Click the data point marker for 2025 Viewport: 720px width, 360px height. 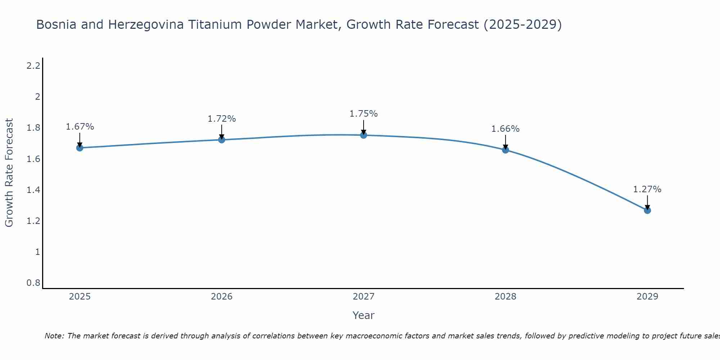[x=80, y=148]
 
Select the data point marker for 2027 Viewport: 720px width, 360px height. [x=364, y=135]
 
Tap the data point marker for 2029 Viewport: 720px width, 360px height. [x=647, y=210]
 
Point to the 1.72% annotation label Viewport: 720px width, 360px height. [x=222, y=119]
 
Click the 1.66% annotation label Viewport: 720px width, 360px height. [x=505, y=129]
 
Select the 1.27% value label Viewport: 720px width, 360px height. [x=647, y=189]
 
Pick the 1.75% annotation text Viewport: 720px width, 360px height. [x=364, y=114]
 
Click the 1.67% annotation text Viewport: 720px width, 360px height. [x=80, y=127]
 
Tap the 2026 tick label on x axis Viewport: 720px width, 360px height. [x=222, y=297]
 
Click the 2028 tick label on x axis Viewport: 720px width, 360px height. [x=505, y=297]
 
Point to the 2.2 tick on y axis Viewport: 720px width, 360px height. [x=33, y=66]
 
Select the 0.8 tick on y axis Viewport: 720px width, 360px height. [x=33, y=283]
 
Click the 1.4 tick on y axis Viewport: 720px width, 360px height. [x=33, y=190]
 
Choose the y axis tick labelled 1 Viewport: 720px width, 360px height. [x=37, y=252]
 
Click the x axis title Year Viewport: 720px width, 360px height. [x=364, y=315]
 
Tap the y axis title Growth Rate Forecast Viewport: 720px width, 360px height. [x=9, y=173]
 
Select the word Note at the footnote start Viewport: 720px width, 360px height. [x=54, y=336]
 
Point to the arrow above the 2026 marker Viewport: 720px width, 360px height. [x=222, y=132]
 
